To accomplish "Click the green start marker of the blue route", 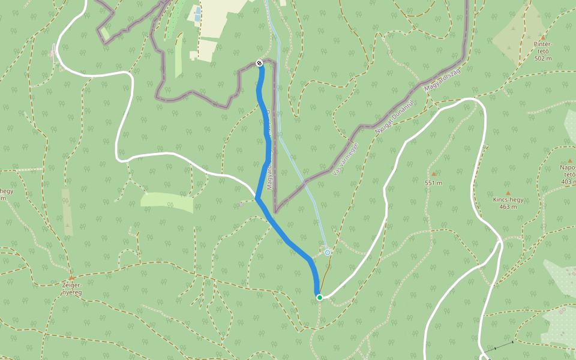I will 320,297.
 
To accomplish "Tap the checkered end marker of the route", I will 259,63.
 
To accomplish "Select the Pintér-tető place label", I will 542,47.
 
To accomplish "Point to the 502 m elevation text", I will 542,58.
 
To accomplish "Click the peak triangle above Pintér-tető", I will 543,37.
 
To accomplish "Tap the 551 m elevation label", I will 433,183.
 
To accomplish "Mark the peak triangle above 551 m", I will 433,174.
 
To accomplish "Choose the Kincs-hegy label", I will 508,200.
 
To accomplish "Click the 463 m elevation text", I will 508,208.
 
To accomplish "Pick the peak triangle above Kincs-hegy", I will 508,193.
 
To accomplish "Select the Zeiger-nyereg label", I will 71,289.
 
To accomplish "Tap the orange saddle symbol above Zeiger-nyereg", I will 71,278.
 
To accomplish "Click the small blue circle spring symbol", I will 328,253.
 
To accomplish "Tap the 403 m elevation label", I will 568,181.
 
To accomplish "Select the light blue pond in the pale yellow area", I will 197,14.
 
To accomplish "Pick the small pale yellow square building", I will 193,55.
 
